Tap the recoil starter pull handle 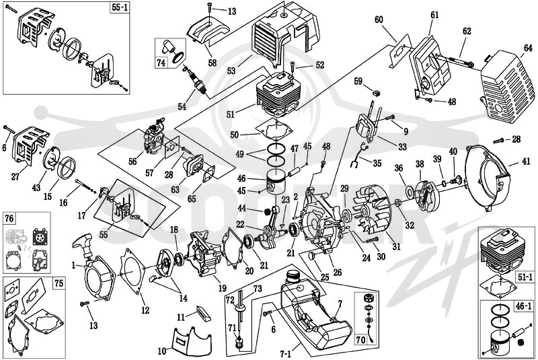click(x=83, y=242)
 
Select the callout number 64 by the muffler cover click(x=528, y=48)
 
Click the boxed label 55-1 click(x=120, y=7)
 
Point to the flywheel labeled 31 click(x=373, y=213)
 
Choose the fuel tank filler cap click(x=293, y=275)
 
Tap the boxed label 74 click(x=161, y=63)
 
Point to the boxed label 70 click(x=361, y=339)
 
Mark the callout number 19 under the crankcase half click(x=223, y=288)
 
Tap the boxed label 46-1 click(x=523, y=306)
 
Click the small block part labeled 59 click(x=377, y=93)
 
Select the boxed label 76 click(x=9, y=218)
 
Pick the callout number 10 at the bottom click(x=162, y=351)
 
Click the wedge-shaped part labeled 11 click(x=202, y=313)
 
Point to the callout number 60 click(x=379, y=20)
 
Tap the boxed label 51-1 click(x=525, y=277)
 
